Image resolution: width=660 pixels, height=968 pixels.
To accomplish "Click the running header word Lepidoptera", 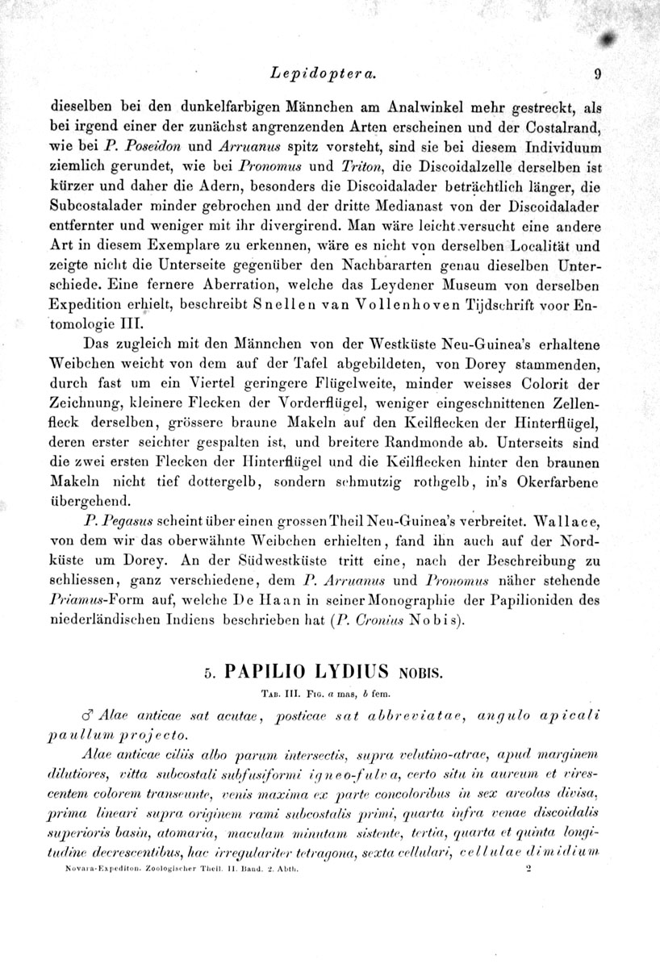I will [x=321, y=74].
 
